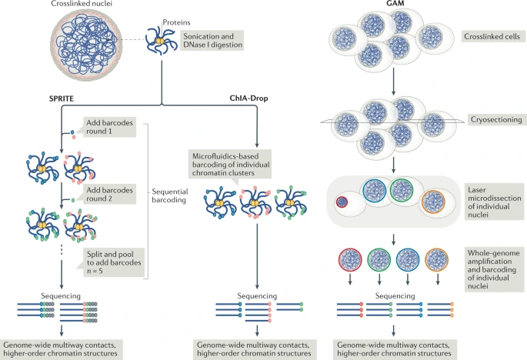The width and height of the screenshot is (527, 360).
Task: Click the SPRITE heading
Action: [x=75, y=99]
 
